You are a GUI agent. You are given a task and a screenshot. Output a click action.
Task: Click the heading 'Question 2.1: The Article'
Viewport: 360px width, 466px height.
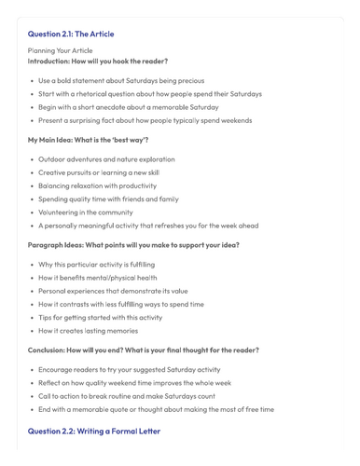[x=71, y=34]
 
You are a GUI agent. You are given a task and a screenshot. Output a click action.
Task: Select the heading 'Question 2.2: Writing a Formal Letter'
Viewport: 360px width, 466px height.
[x=93, y=432]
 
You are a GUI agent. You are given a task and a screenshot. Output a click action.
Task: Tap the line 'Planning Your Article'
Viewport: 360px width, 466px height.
[x=60, y=50]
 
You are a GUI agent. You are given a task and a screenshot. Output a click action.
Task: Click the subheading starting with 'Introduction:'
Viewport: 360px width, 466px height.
[x=98, y=61]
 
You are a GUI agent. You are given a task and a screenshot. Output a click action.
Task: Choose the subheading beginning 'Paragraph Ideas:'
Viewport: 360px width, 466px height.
[x=133, y=244]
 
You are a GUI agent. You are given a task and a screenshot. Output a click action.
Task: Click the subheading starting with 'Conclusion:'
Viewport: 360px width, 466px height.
[x=143, y=349]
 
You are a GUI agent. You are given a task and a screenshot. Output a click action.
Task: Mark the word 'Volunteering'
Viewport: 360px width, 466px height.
[x=62, y=212]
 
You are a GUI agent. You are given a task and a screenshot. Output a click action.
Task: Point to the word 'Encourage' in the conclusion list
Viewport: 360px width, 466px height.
[x=58, y=369]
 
